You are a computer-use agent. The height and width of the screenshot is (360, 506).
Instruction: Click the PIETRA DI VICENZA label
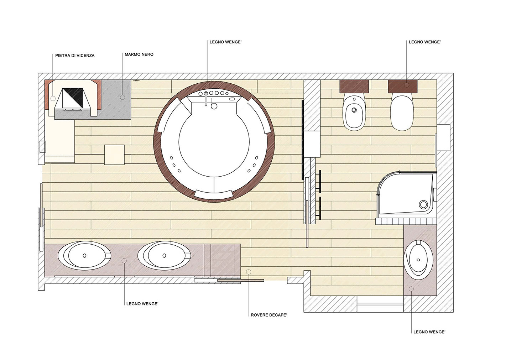pos(75,56)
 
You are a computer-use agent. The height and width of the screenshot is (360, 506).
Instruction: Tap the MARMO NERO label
pos(139,54)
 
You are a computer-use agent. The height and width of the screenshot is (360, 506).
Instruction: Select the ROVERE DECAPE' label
pos(269,315)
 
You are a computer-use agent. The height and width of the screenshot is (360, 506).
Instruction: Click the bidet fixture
pos(354,113)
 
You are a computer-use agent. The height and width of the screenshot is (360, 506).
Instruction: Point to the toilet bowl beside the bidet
pos(402,113)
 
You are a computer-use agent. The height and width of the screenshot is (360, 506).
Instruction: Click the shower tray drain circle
pos(423,205)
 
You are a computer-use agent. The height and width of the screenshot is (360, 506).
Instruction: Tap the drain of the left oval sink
pos(84,255)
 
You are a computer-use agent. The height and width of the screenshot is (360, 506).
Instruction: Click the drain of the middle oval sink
pos(164,255)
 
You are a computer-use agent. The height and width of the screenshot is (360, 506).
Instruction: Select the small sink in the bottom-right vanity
pos(418,260)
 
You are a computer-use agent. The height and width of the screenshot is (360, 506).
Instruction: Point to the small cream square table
pos(114,155)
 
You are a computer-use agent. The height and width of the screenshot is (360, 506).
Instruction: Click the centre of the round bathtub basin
pos(214,142)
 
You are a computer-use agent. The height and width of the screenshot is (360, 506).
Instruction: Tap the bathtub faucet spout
pos(206,99)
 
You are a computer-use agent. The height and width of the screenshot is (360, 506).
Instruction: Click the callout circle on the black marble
pos(122,97)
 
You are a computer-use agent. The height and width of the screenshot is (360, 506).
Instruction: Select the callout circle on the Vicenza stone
pos(53,99)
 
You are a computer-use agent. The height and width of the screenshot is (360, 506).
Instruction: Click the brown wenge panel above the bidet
pos(354,86)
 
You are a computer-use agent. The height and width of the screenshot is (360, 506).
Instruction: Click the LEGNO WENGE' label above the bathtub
pos(225,42)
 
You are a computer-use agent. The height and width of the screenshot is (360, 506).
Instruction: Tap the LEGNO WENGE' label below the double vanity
pos(142,304)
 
